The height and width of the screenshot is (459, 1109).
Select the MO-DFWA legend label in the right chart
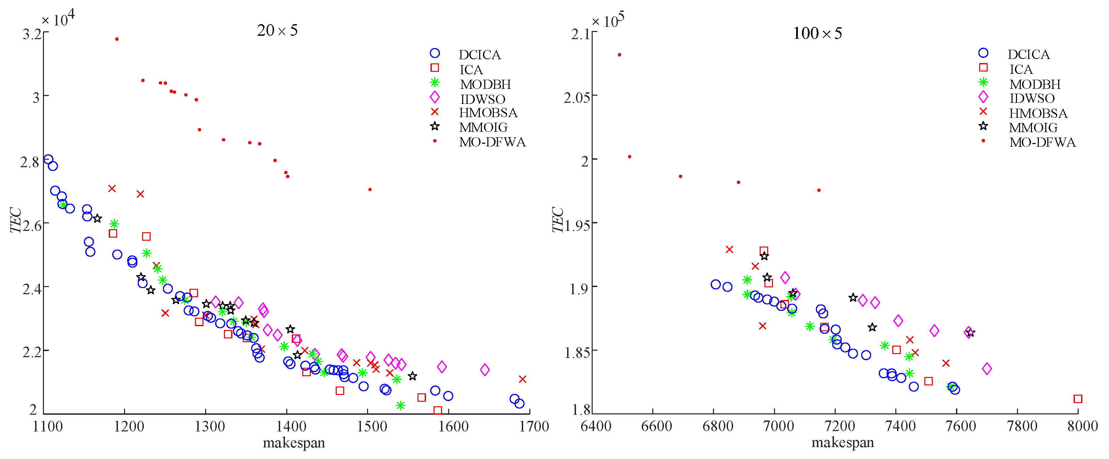1042,142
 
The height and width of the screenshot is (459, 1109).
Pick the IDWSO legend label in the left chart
483,99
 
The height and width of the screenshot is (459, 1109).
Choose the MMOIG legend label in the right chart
1033,128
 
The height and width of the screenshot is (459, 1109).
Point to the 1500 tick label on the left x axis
372,426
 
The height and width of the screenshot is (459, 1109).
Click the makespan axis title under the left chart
294,443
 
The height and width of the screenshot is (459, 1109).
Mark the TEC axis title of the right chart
558,220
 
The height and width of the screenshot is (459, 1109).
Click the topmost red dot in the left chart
117,39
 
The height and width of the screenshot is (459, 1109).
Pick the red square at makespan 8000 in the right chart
1078,399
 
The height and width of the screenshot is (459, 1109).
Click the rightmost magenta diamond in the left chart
485,369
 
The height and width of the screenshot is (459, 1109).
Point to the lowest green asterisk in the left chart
400,405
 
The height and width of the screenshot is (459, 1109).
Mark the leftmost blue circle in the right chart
715,284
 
